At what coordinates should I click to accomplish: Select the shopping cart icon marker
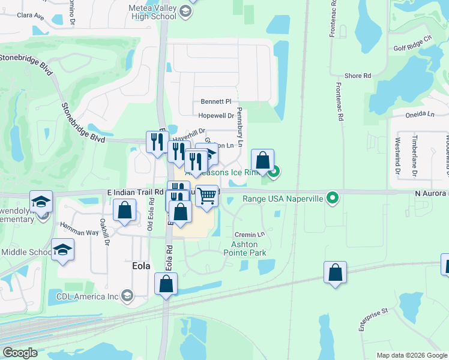206,196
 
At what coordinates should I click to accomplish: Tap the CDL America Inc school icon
127,295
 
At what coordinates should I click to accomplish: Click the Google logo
20,353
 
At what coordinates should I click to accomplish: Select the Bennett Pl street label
215,102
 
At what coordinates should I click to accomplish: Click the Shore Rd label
358,76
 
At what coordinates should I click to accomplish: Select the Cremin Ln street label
250,235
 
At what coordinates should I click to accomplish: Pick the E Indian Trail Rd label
135,192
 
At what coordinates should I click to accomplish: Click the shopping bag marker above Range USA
262,160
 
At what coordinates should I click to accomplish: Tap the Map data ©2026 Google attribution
412,355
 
